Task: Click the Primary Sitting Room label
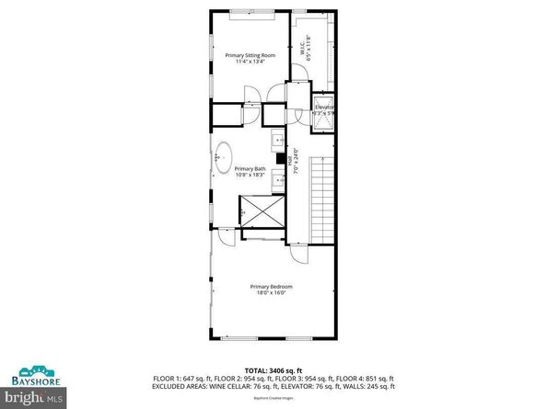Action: pos(250,55)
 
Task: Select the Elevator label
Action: pos(324,107)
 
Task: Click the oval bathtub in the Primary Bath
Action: pos(223,159)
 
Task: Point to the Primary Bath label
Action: pos(250,169)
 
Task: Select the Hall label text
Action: pos(292,158)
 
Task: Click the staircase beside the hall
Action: pos(323,198)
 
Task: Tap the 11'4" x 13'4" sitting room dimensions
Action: pos(250,62)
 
